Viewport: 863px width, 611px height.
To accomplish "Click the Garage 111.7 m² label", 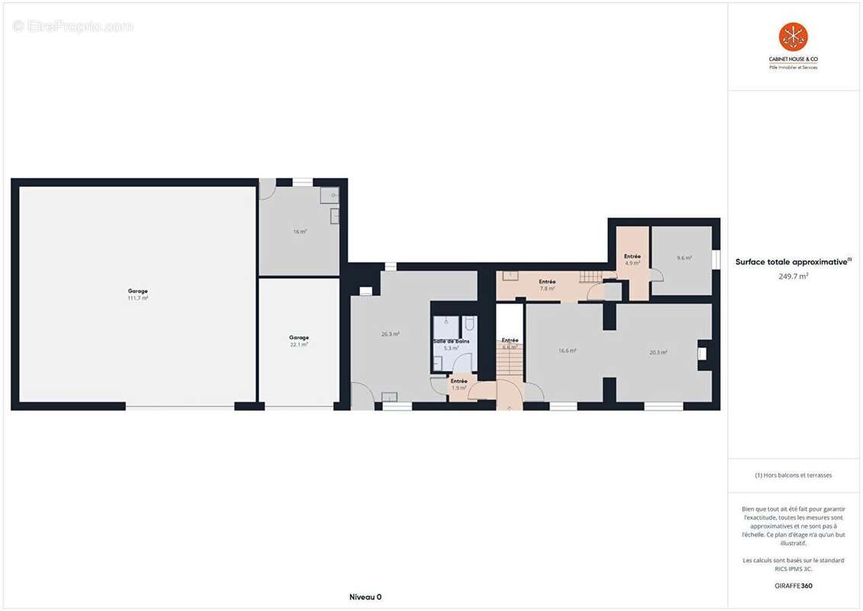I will pos(138,294).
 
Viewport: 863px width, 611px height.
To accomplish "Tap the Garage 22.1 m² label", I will pos(299,341).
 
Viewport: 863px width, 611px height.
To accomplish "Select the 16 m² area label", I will pos(300,231).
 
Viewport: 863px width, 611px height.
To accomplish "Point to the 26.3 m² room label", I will pos(391,334).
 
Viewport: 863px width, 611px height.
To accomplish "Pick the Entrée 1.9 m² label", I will pos(459,384).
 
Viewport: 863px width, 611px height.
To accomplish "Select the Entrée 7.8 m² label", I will pos(547,285).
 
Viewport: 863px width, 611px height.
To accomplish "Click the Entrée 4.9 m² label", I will pos(633,259).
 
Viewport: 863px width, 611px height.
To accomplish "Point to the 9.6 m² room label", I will pos(684,258).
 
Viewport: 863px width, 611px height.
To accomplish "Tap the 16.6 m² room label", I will pos(567,351).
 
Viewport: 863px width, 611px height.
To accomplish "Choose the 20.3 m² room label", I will pos(659,352).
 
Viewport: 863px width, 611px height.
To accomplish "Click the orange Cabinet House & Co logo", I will pos(793,37).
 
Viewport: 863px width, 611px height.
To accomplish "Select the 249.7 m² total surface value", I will pos(793,276).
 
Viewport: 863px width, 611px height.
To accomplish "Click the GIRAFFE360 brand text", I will pos(794,586).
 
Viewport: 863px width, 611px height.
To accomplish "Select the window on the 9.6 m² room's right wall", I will pos(716,260).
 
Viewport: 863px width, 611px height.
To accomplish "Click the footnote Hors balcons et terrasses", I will pos(794,475).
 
